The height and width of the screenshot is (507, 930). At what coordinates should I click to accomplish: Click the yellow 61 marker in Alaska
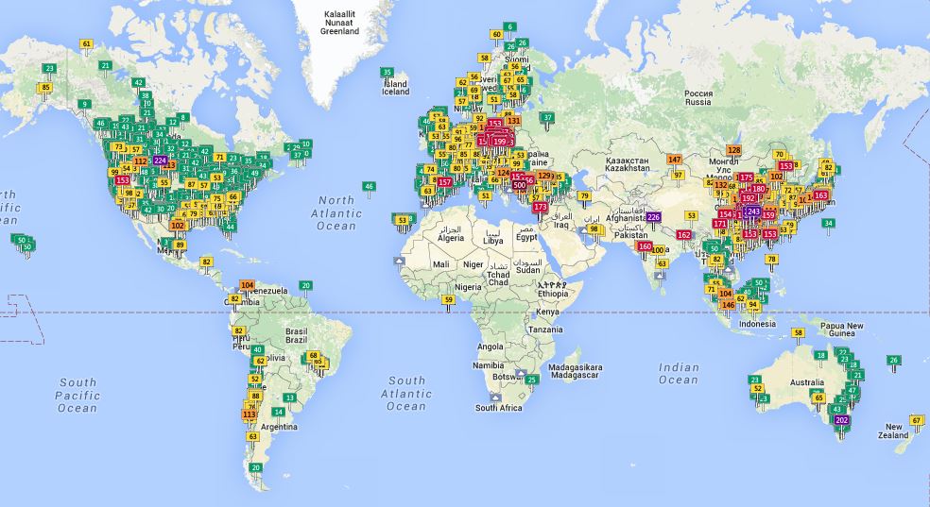tap(87, 43)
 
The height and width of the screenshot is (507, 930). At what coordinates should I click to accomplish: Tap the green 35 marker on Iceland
tap(387, 72)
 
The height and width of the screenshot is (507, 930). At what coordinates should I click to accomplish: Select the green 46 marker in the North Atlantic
tap(369, 186)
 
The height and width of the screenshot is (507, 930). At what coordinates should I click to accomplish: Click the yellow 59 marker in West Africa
tap(449, 299)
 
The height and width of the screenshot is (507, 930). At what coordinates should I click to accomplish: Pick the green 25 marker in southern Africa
tap(532, 380)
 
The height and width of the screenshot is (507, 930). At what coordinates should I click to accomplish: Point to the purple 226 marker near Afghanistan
tap(653, 217)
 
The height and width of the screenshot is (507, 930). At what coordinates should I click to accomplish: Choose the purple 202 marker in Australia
tap(842, 419)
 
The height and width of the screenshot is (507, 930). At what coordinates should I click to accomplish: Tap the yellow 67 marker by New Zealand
tap(916, 420)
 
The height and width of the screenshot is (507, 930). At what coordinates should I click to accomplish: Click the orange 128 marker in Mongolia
tap(733, 150)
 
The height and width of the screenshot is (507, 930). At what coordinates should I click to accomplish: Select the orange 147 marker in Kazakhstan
tap(674, 160)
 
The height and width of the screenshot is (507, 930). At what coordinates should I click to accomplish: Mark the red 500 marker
tap(519, 185)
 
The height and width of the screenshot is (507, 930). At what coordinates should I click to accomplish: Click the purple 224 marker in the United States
tap(160, 161)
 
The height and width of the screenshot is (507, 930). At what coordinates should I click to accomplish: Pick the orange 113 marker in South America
tap(250, 414)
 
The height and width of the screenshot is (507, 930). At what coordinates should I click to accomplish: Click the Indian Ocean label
tap(678, 374)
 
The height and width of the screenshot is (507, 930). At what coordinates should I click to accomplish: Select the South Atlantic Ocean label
tap(406, 393)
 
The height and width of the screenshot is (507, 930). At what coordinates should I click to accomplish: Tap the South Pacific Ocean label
tap(77, 396)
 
